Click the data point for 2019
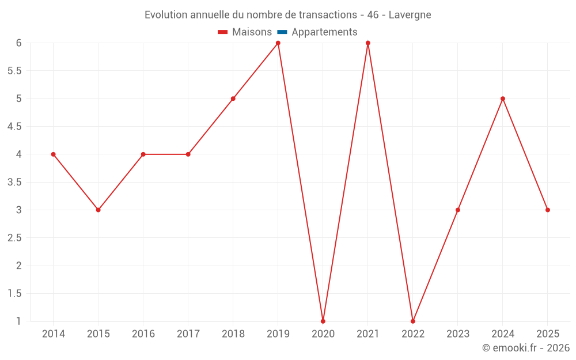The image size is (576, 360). click(x=278, y=43)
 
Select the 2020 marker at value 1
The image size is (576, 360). click(x=323, y=321)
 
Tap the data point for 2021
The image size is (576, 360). click(x=368, y=43)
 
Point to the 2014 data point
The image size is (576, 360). click(x=54, y=154)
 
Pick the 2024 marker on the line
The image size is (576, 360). click(x=503, y=98)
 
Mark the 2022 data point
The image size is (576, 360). click(x=413, y=321)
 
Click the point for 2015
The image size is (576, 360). click(x=98, y=210)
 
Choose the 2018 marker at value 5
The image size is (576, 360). click(x=233, y=98)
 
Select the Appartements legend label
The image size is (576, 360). click(x=324, y=32)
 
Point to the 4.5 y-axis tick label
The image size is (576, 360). click(x=14, y=126)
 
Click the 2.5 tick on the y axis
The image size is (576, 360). click(x=14, y=237)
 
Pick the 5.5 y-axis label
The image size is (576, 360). click(x=14, y=71)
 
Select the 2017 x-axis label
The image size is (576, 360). click(x=188, y=334)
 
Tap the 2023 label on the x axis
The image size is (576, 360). click(x=458, y=334)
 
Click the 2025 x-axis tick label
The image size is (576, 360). click(x=548, y=334)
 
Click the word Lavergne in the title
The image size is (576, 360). click(x=410, y=15)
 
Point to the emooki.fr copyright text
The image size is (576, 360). click(x=526, y=348)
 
